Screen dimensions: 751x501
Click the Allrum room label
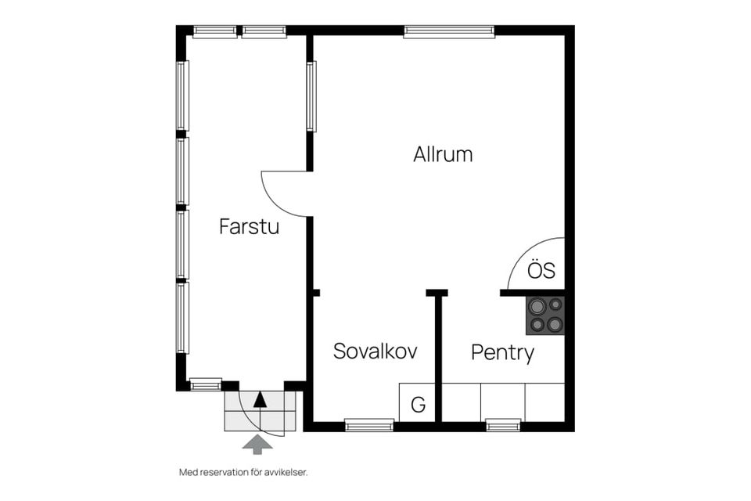443,154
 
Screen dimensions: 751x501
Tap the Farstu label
249,226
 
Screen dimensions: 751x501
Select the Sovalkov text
375,351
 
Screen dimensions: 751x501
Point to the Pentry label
502,353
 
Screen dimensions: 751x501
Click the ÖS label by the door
541,270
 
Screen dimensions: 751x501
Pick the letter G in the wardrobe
418,405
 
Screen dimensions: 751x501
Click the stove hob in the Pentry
545,315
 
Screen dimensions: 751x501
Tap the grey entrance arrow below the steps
257,445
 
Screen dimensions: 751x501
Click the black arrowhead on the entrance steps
260,399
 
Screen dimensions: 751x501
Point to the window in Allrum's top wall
449,31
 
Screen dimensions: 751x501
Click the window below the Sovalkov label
369,425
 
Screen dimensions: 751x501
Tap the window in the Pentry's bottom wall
503,425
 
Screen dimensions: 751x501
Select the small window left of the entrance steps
206,384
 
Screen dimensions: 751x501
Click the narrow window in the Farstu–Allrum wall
311,96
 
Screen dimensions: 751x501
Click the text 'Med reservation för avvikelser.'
243,472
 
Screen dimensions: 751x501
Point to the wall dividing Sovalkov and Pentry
438,357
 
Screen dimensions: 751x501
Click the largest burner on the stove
537,305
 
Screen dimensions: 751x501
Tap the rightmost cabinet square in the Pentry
545,402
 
